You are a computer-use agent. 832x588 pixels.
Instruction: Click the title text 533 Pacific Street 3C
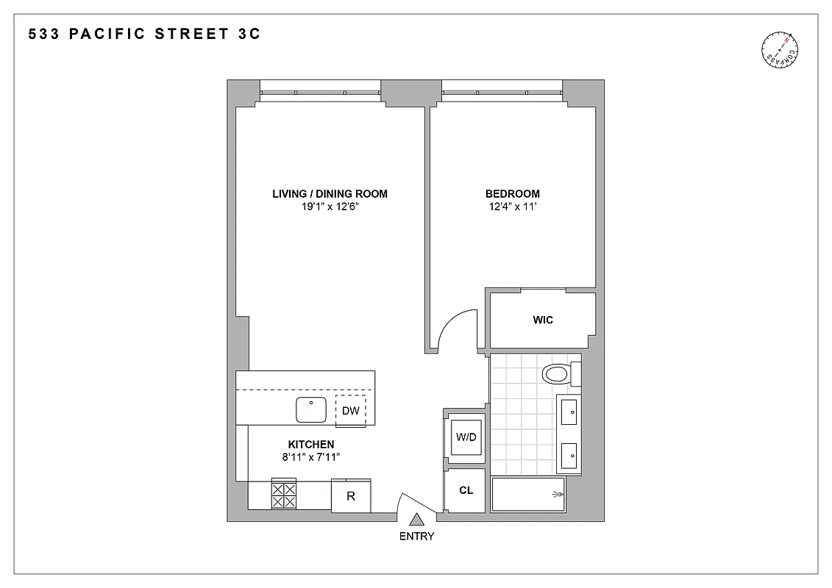[x=144, y=34]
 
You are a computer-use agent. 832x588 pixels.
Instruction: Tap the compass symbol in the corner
[x=780, y=53]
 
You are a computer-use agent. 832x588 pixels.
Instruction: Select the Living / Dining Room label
[x=330, y=194]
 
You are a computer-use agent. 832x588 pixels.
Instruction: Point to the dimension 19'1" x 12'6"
[x=330, y=207]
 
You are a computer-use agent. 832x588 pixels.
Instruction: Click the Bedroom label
[x=512, y=194]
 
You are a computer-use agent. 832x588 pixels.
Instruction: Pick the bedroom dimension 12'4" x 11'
[x=512, y=207]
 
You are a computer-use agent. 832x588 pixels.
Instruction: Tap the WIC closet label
[x=543, y=320]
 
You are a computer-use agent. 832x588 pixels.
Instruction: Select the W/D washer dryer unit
[x=466, y=437]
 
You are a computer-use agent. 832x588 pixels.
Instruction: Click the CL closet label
[x=466, y=490]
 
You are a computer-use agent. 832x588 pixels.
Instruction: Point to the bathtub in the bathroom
[x=528, y=494]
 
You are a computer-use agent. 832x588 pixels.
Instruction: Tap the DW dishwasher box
[x=351, y=411]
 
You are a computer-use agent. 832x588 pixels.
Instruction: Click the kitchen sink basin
[x=313, y=410]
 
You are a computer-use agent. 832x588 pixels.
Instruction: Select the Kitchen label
[x=310, y=444]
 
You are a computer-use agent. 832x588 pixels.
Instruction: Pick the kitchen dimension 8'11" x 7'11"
[x=310, y=457]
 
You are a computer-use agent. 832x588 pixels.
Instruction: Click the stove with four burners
[x=284, y=495]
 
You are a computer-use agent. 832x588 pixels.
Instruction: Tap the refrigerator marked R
[x=351, y=496]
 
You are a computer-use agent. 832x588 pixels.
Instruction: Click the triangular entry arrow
[x=416, y=519]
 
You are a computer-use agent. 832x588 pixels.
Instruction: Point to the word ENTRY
[x=416, y=536]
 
